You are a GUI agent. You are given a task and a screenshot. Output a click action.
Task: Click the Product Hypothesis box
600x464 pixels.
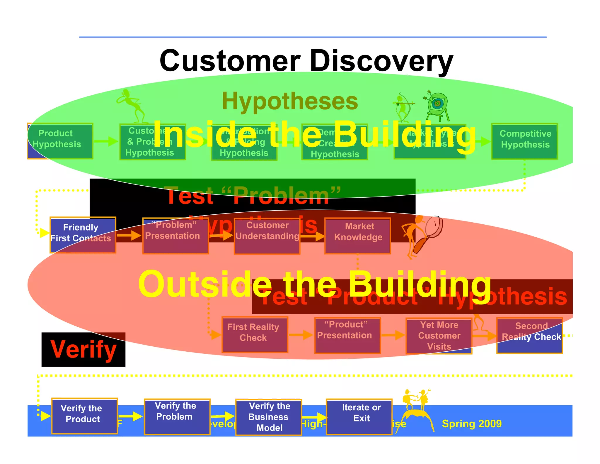60,141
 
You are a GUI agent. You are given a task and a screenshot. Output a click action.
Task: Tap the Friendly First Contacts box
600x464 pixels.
83,235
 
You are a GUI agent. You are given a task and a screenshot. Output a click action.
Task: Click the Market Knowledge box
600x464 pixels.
358,236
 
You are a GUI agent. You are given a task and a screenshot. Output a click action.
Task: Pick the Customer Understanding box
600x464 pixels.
267,236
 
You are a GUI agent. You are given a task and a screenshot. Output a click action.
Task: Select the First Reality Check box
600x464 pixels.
255,334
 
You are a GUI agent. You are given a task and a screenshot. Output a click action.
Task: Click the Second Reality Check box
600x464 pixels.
529,336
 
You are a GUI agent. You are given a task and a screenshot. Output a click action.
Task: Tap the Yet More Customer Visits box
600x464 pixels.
439,336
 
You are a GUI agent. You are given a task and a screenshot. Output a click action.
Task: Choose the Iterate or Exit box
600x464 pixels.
359,416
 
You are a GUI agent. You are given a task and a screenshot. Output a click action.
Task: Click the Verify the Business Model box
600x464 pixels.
269,417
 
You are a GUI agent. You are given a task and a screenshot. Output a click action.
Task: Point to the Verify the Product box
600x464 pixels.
84,416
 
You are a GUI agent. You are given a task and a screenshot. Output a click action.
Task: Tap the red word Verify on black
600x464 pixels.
83,349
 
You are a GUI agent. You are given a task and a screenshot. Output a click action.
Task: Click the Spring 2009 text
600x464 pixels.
471,424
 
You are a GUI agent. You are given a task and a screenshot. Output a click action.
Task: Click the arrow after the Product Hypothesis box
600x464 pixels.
106,141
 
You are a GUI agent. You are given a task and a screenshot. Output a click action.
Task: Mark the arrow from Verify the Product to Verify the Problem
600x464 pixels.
131,416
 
